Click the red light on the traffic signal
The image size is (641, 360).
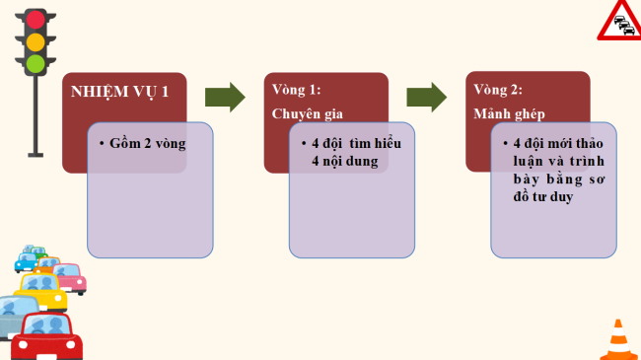point(36,19)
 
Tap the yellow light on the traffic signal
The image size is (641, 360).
point(36,41)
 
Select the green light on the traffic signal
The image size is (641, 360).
point(36,64)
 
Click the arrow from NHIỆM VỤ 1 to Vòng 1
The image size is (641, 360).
point(225,97)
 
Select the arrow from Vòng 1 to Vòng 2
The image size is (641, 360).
point(426,97)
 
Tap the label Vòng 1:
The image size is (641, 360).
point(296,90)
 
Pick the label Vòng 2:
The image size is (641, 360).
point(498,90)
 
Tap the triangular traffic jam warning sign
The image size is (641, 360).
point(619,21)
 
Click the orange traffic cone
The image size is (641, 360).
point(618,340)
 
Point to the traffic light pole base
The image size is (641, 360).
point(36,153)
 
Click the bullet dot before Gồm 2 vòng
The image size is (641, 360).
point(102,144)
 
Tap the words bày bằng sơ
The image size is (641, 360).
point(557,179)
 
